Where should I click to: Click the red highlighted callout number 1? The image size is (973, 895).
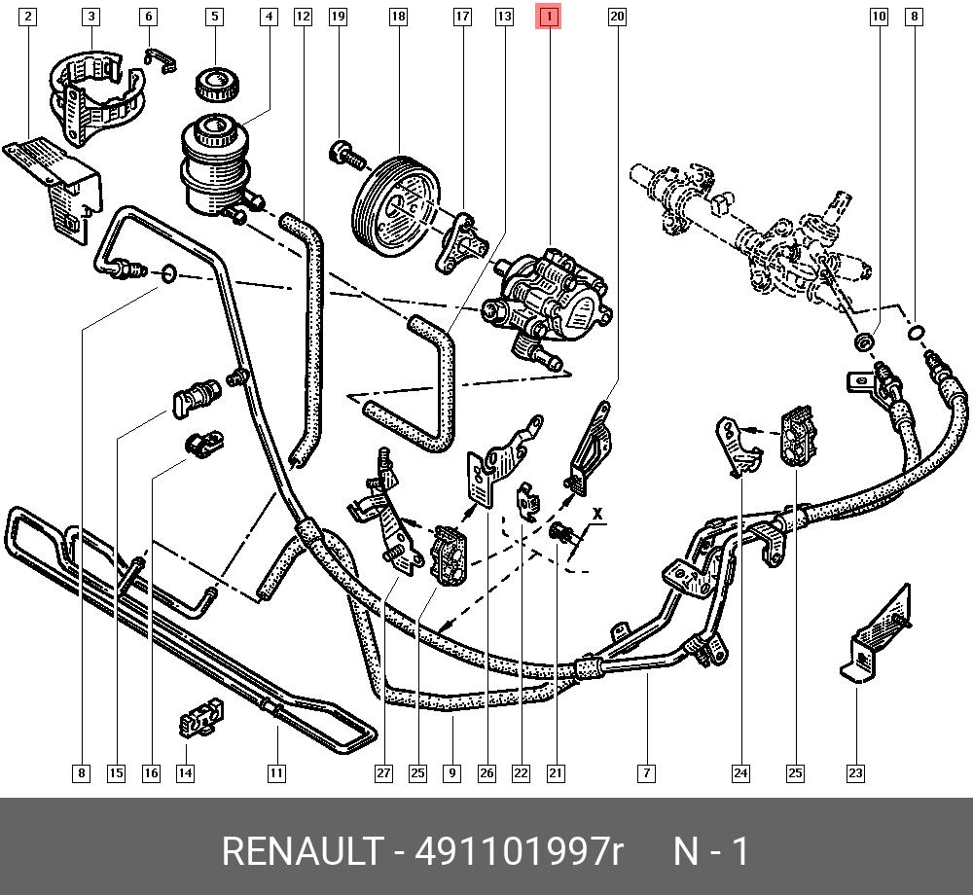tap(550, 17)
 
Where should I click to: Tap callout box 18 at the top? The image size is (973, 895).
tap(398, 17)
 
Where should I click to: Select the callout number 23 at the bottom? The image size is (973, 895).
tap(854, 773)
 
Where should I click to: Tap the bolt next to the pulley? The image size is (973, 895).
tap(344, 152)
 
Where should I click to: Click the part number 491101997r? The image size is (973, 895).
tap(518, 851)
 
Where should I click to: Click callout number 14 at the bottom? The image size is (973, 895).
tap(185, 773)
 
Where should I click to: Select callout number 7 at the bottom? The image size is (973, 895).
tap(646, 773)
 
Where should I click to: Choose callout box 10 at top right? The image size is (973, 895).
tap(879, 17)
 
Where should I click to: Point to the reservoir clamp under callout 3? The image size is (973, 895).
tap(92, 92)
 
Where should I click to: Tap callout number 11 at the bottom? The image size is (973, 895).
tap(276, 773)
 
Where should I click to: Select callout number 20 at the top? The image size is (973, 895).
tap(616, 17)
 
